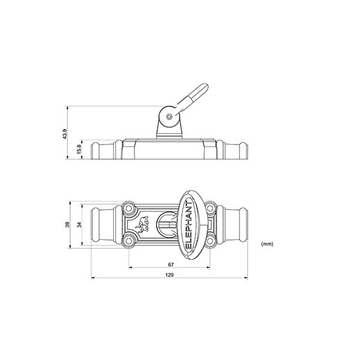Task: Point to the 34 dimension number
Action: (x=79, y=224)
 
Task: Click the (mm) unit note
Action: (x=268, y=244)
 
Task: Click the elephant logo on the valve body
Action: (x=142, y=226)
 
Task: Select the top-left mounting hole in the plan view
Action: (x=128, y=208)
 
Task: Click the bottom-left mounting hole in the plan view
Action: (x=128, y=241)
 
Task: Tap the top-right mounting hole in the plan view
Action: (x=210, y=208)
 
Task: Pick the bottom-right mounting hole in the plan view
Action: (x=210, y=241)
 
